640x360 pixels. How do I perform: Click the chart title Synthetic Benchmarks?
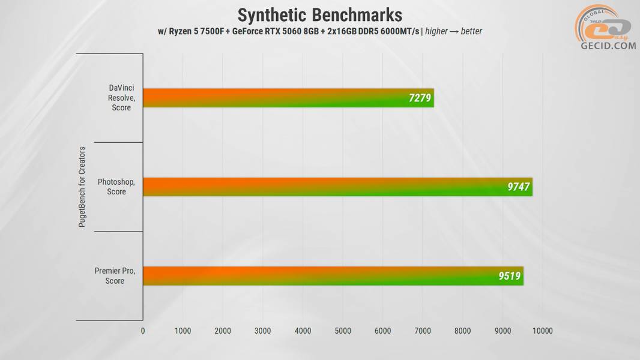click(319, 14)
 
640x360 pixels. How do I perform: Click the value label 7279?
click(420, 98)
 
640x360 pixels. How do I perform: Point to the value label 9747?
click(518, 187)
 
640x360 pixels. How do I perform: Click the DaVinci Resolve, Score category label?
click(121, 98)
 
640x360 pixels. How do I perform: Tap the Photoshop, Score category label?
click(116, 187)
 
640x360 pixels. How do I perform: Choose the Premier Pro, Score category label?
click(115, 276)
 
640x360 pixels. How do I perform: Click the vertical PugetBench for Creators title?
click(82, 187)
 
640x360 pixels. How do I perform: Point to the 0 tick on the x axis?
click(143, 331)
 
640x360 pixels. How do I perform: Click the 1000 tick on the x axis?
click(183, 331)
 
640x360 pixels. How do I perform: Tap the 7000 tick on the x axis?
click(423, 331)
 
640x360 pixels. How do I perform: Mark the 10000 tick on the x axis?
click(543, 331)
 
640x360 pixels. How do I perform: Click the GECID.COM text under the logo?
click(608, 46)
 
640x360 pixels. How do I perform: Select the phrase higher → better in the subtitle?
click(454, 31)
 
